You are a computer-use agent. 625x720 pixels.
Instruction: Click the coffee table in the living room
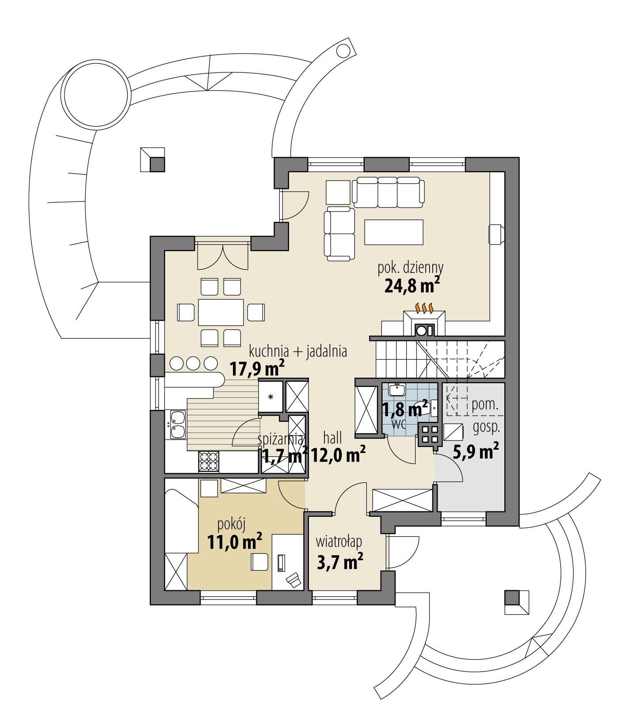[393, 232]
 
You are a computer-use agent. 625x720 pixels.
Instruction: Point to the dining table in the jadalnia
[221, 312]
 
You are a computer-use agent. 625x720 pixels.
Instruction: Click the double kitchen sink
[178, 424]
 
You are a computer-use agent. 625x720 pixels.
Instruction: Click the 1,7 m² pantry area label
[285, 455]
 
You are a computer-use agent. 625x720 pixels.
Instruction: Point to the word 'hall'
[332, 438]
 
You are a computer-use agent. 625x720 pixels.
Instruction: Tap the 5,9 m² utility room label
[476, 451]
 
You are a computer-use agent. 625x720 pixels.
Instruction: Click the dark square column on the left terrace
[156, 164]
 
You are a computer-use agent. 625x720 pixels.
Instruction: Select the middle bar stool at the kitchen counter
[193, 363]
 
